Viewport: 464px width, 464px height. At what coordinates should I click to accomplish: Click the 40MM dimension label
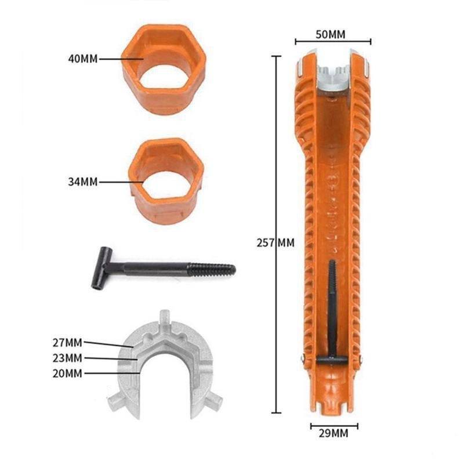tap(83, 59)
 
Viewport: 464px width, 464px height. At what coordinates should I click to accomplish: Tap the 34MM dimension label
tap(83, 182)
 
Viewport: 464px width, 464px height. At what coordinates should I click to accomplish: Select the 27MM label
tap(67, 343)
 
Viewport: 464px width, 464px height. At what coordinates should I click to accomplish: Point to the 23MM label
tap(67, 358)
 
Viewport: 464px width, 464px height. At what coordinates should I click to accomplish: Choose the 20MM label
tap(67, 374)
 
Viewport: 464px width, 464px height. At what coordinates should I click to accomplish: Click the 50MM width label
tap(330, 35)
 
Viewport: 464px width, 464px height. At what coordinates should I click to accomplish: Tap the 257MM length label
tap(275, 243)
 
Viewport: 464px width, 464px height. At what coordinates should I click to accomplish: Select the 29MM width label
tap(333, 433)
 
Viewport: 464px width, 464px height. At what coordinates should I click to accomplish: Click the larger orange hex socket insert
tap(164, 69)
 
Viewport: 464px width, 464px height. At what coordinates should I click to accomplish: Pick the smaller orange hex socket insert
tap(166, 181)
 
